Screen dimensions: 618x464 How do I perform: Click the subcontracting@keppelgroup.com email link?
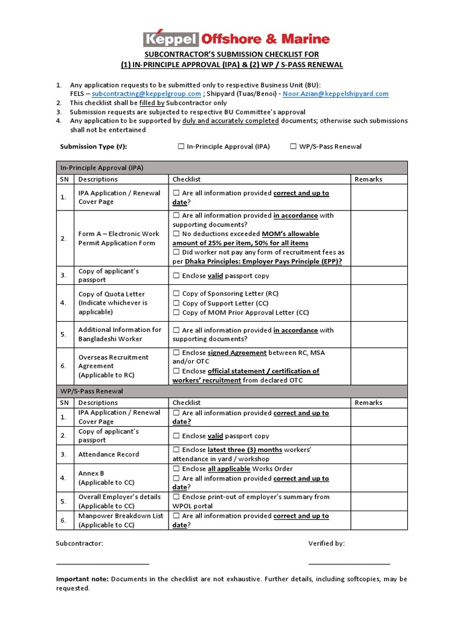point(146,94)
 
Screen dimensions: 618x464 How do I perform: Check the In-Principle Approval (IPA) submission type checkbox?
point(181,147)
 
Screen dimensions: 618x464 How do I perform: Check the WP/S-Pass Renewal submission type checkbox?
point(294,147)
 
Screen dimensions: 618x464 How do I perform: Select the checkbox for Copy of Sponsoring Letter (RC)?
point(176,294)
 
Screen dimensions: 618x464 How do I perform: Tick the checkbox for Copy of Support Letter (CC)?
point(176,304)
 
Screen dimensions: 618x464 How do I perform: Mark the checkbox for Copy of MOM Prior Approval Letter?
point(176,313)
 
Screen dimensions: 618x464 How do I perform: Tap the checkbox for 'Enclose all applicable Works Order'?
point(176,469)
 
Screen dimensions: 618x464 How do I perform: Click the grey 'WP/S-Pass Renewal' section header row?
point(232,391)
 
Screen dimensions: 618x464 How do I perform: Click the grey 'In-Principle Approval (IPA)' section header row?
point(232,167)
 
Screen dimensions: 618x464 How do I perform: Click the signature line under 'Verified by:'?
point(349,564)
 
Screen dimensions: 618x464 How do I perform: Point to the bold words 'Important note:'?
point(82,579)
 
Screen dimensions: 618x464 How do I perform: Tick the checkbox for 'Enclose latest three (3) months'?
point(176,450)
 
